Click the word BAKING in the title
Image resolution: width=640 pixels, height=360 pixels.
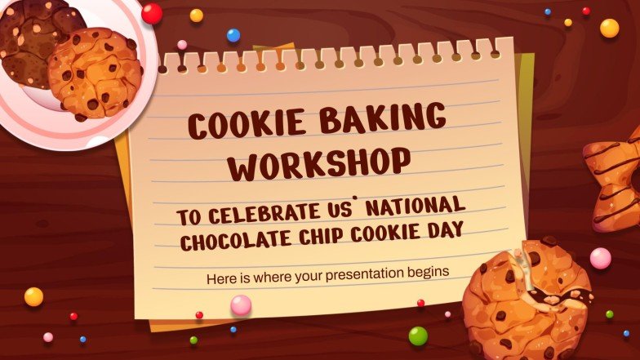tap(384, 121)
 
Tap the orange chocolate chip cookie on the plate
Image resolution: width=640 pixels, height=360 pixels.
tap(95, 72)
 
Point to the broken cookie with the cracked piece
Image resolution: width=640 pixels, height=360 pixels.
tap(526, 299)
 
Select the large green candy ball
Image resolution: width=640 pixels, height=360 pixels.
tap(418, 336)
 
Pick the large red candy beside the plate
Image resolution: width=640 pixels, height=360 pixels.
tap(152, 13)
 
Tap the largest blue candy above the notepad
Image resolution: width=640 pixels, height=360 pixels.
tap(233, 35)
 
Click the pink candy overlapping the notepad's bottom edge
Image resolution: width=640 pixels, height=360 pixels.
tap(241, 304)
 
